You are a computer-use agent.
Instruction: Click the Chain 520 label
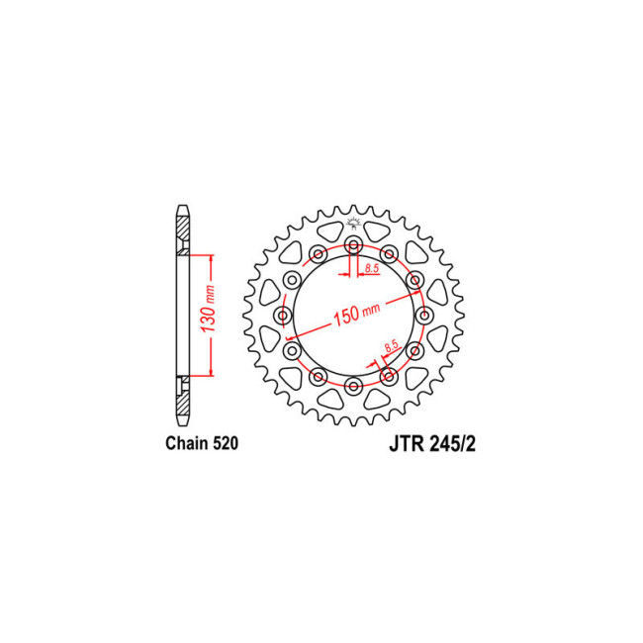[x=202, y=443]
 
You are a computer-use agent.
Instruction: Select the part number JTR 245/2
[x=432, y=444]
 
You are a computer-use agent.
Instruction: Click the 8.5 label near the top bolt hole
[x=372, y=269]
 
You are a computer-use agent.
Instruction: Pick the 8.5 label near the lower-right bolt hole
[x=392, y=346]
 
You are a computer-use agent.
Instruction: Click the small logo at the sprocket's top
[x=353, y=224]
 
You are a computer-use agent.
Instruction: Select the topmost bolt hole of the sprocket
[x=353, y=245]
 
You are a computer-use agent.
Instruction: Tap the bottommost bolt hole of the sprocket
[x=353, y=386]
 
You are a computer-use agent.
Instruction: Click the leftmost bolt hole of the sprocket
[x=283, y=316]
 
